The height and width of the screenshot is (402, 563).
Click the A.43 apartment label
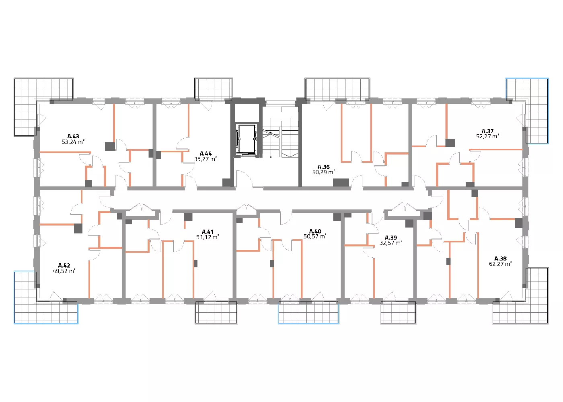click(x=73, y=136)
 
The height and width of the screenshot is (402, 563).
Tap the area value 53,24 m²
click(x=73, y=142)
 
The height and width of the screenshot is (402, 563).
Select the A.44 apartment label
click(x=205, y=154)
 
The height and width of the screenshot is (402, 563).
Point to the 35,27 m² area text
click(x=205, y=159)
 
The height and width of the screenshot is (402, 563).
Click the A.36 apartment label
click(x=323, y=167)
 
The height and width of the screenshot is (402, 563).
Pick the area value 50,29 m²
click(x=323, y=172)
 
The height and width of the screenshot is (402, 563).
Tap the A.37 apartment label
click(x=487, y=131)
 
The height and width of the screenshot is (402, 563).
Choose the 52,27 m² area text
click(x=487, y=136)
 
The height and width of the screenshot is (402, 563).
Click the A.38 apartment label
click(x=500, y=258)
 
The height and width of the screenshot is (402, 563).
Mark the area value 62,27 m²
click(x=500, y=264)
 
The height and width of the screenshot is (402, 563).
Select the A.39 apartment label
click(x=391, y=238)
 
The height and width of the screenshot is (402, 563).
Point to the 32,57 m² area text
click(x=391, y=243)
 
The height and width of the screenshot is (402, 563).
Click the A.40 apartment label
click(x=315, y=231)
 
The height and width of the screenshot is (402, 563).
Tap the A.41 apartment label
click(x=208, y=232)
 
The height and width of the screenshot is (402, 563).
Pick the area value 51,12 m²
click(x=208, y=237)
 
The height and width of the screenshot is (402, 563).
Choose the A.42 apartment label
click(x=64, y=266)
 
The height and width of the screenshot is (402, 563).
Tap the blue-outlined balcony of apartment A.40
click(x=308, y=313)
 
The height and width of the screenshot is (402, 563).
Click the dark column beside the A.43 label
click(x=110, y=146)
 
